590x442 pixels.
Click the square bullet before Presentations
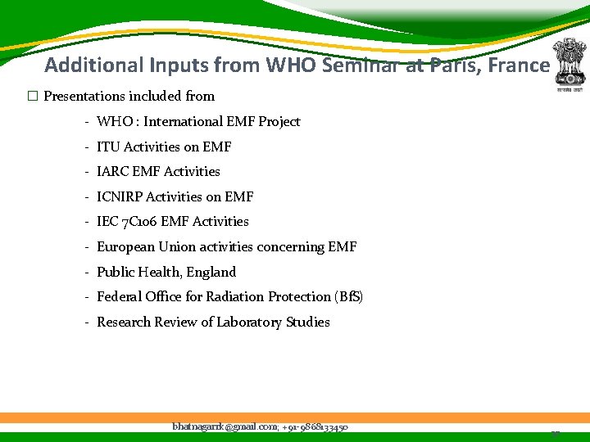click(33, 97)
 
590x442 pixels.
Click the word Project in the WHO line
click(279, 122)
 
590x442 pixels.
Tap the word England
click(211, 273)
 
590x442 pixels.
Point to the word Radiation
click(233, 297)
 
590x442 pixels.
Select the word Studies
click(308, 322)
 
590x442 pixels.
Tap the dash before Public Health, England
click(86, 273)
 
